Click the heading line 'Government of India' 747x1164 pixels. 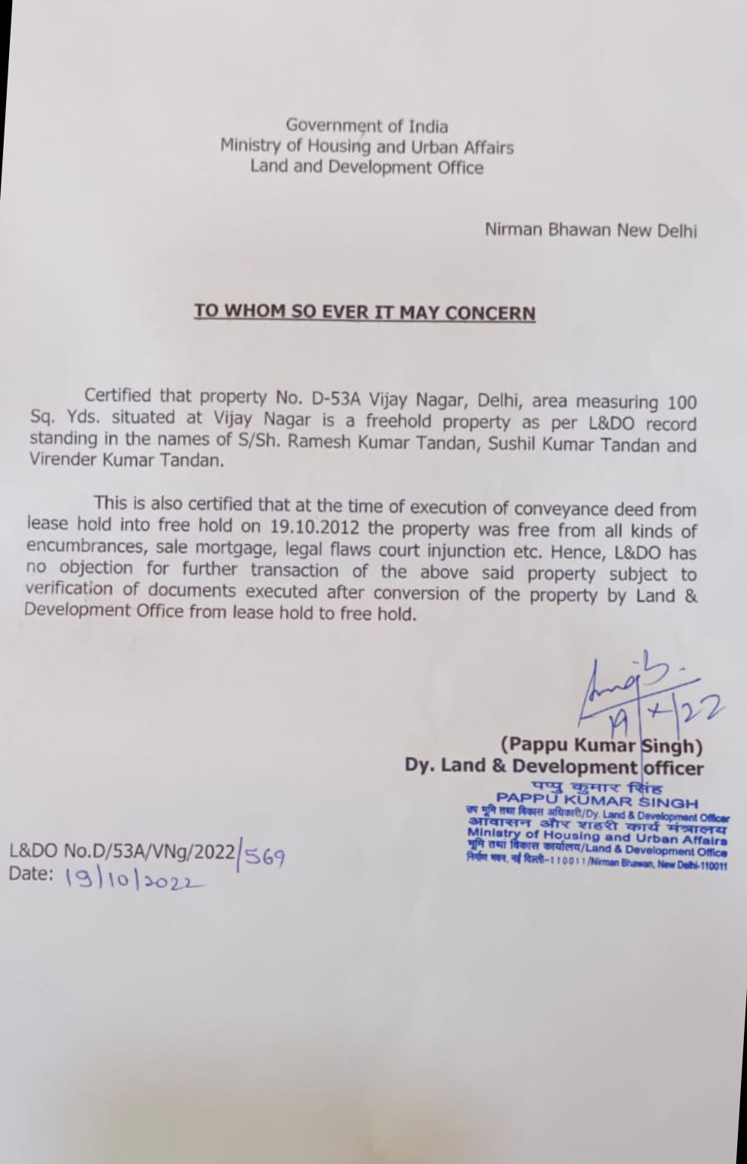coord(367,125)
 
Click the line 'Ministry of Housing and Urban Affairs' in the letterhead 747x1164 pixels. coord(367,146)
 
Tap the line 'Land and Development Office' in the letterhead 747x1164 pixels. coord(367,166)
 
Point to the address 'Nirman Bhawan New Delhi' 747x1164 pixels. coord(591,229)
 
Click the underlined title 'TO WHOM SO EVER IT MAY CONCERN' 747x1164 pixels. coord(364,312)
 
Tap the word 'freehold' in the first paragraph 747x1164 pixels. coord(401,420)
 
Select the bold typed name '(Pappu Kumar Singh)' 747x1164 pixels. coord(600,744)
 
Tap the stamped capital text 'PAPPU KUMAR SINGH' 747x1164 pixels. coord(597,802)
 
